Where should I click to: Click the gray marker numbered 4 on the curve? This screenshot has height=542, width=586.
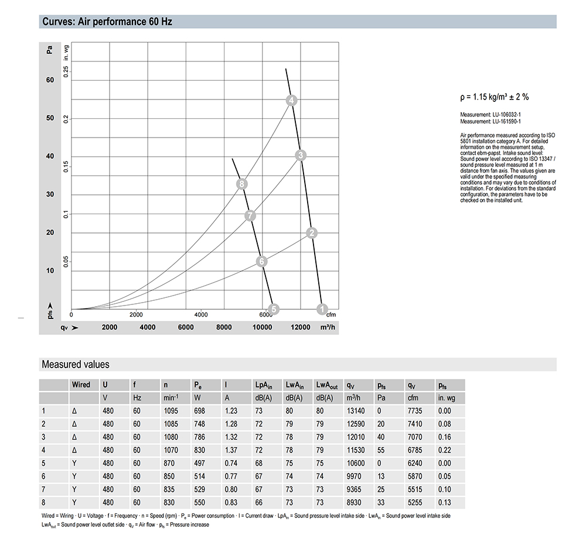pyautogui.click(x=292, y=100)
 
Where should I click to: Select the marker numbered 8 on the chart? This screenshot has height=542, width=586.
pyautogui.click(x=241, y=184)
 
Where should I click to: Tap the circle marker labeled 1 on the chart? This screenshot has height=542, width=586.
pyautogui.click(x=322, y=308)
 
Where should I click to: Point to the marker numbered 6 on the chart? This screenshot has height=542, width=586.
pyautogui.click(x=262, y=261)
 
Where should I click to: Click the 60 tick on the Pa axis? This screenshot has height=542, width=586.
pyautogui.click(x=50, y=80)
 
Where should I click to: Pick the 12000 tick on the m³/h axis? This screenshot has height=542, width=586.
pyautogui.click(x=301, y=327)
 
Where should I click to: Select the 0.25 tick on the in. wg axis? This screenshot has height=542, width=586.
pyautogui.click(x=67, y=72)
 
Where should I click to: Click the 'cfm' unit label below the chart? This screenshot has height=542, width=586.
pyautogui.click(x=331, y=315)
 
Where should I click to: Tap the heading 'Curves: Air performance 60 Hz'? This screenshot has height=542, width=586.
pyautogui.click(x=107, y=22)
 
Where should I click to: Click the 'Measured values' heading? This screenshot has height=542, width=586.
pyautogui.click(x=75, y=365)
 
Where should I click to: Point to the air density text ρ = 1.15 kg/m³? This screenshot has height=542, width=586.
pyautogui.click(x=495, y=97)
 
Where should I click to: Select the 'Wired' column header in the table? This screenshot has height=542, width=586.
pyautogui.click(x=81, y=385)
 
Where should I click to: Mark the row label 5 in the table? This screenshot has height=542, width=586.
pyautogui.click(x=43, y=464)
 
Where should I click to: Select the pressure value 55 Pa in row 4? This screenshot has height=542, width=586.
pyautogui.click(x=381, y=451)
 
